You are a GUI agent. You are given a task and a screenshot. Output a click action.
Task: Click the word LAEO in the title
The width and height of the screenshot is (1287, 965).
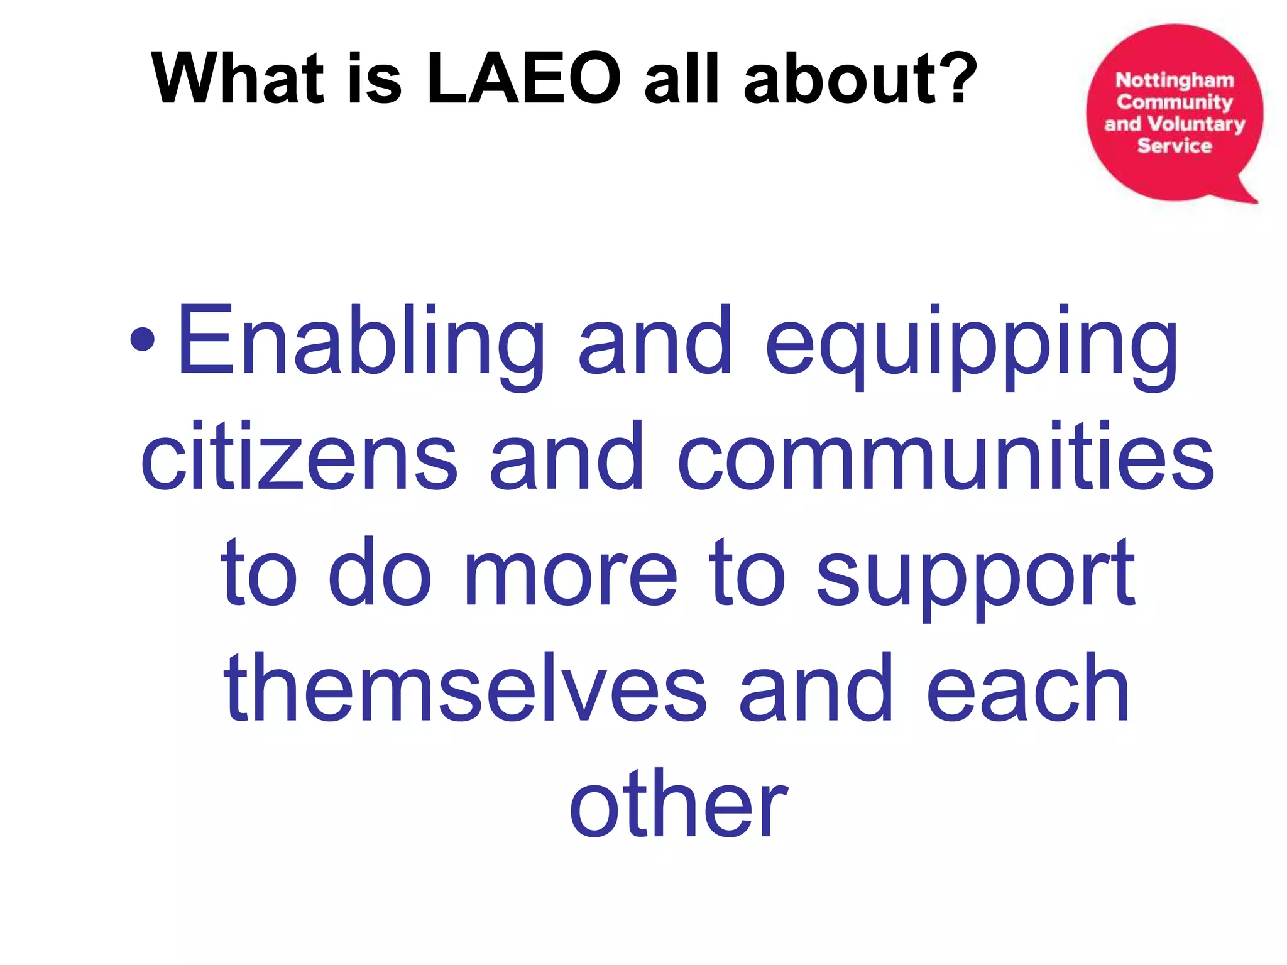[x=523, y=79]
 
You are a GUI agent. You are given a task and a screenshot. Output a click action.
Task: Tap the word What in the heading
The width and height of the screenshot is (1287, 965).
[x=238, y=79]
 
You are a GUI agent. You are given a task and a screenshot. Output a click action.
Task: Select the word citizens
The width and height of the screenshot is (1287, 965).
[x=299, y=456]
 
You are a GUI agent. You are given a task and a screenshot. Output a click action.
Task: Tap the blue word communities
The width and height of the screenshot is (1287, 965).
[x=946, y=456]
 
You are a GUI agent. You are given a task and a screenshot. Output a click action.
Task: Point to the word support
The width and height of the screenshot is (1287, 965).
[x=975, y=575]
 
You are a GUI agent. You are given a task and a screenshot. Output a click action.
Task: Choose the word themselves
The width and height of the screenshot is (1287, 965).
[x=465, y=688]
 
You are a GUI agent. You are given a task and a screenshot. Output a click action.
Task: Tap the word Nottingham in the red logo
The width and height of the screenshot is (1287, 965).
[x=1175, y=80]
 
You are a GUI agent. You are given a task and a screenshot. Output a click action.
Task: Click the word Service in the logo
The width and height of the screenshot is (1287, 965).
[x=1175, y=146]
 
